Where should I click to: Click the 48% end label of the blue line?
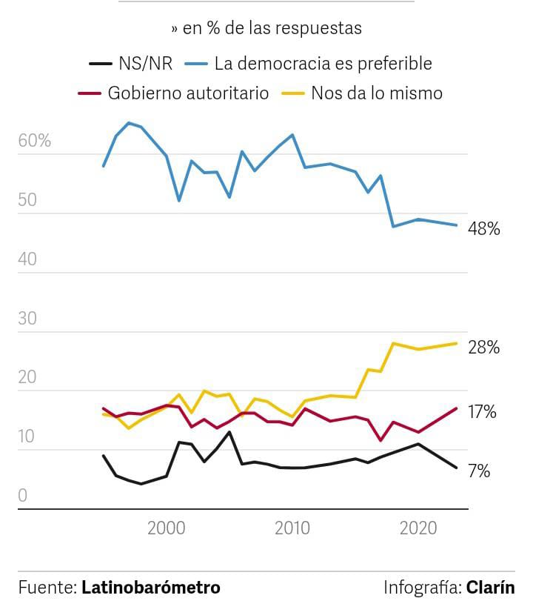click(x=484, y=230)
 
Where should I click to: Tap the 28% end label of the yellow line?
click(x=484, y=348)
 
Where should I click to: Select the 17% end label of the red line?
click(x=483, y=412)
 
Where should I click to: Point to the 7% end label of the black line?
click(x=479, y=471)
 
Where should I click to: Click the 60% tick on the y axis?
click(x=34, y=141)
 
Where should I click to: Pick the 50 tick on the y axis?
click(x=27, y=200)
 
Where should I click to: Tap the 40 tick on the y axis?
click(x=27, y=259)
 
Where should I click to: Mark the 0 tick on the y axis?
click(x=22, y=495)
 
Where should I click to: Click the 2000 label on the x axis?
click(x=166, y=528)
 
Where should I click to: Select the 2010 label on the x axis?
click(x=292, y=528)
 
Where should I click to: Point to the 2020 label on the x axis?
click(x=419, y=528)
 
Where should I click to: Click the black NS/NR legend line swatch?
click(x=100, y=64)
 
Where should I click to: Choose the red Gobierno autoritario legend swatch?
click(x=89, y=93)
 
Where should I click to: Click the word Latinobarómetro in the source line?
click(x=151, y=588)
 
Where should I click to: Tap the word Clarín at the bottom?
click(x=490, y=588)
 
